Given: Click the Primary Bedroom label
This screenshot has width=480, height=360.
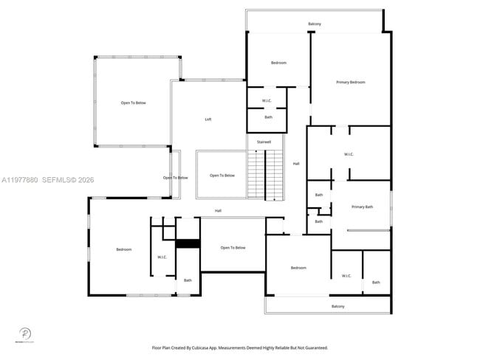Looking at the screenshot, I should [x=350, y=82].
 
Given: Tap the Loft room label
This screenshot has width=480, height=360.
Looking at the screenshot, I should [x=208, y=119].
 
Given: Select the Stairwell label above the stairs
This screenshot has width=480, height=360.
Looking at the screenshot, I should [x=264, y=141].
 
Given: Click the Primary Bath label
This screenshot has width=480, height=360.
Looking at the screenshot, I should [x=362, y=207].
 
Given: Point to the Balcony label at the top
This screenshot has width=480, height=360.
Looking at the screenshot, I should [x=315, y=24].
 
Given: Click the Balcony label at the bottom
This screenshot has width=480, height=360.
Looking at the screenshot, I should [x=337, y=306].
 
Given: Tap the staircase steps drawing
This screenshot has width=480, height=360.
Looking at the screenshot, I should [x=264, y=174].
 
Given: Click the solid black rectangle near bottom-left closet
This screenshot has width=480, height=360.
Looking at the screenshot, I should [x=188, y=243].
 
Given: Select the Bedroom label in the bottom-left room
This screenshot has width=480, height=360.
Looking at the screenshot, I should [x=123, y=249].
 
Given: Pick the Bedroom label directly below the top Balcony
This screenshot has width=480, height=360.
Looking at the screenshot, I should [x=278, y=63].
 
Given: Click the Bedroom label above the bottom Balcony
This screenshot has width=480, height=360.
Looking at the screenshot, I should [x=298, y=267].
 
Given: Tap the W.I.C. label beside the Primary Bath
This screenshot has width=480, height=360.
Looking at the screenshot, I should [x=349, y=154].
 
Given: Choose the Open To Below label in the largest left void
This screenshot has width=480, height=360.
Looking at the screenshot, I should [x=134, y=103].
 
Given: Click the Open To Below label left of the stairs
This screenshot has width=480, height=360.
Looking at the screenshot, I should [x=222, y=175].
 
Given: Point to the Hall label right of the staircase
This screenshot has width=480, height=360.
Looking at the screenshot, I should [x=296, y=163].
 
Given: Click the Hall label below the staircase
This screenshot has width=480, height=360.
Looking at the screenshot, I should [x=218, y=211].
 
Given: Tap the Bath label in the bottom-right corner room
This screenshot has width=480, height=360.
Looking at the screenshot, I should [x=376, y=282].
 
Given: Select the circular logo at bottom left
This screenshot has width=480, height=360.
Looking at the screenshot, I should [x=24, y=333].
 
